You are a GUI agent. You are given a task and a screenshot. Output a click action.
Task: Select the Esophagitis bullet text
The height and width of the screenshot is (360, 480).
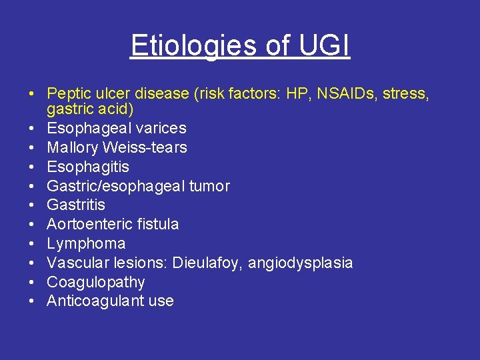pos(88,167)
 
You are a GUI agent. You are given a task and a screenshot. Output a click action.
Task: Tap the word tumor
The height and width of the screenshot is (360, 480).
pos(209,186)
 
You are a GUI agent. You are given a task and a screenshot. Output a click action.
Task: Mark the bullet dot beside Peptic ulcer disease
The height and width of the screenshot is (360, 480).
pos(31,94)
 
